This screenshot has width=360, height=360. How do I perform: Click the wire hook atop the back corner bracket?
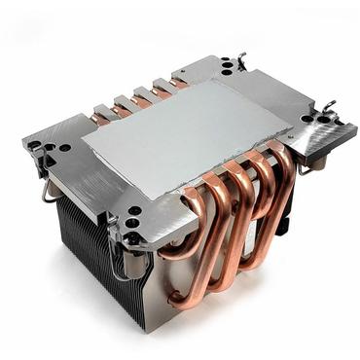[x=240, y=60]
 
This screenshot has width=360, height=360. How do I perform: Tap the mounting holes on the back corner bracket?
[x=229, y=68]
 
